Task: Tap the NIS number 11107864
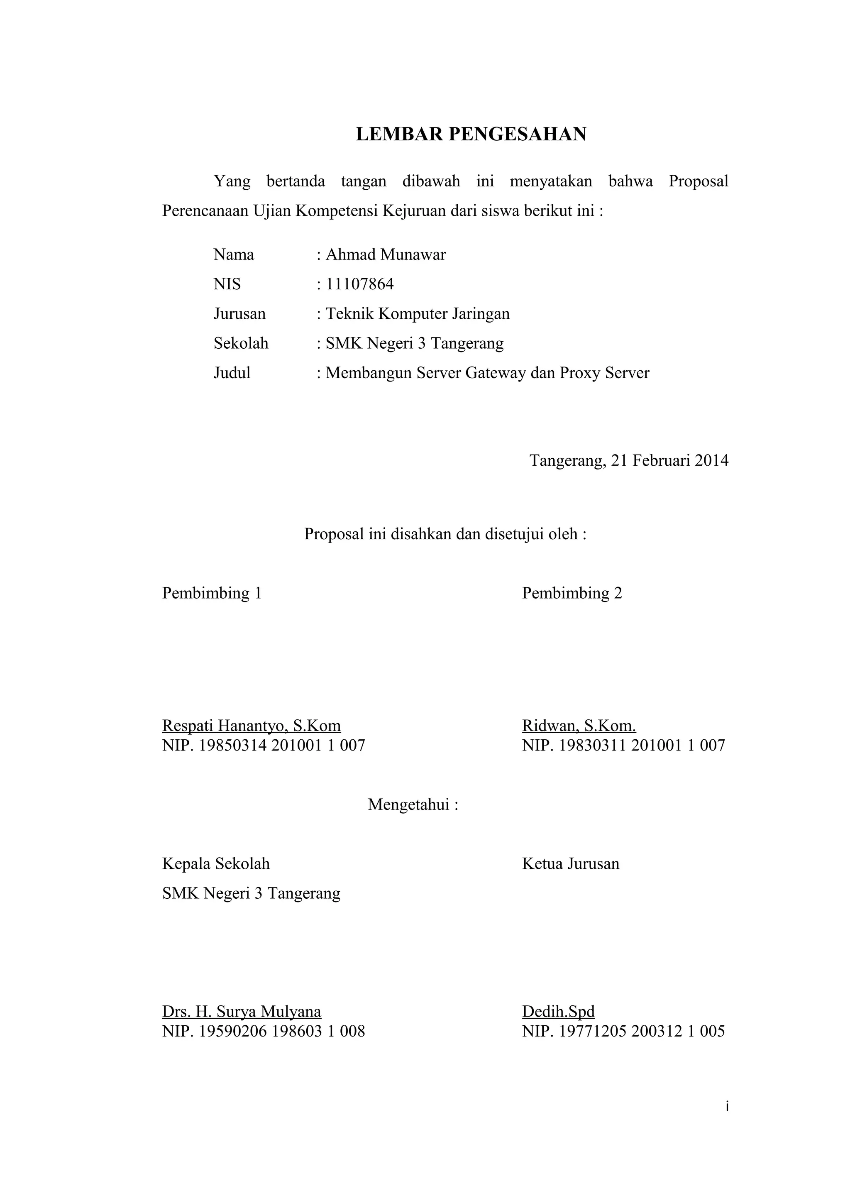point(359,284)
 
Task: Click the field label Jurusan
point(239,314)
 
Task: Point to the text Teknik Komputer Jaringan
point(418,314)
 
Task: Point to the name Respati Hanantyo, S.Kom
point(252,726)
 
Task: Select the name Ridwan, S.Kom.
point(579,726)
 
